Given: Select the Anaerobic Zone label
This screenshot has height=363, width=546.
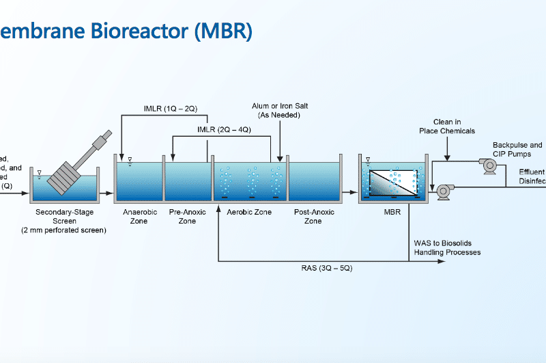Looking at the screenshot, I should click(140, 217).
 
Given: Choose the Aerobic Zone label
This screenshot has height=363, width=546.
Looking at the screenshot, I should click(249, 213).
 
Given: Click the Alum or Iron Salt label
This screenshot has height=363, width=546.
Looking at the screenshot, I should click(280, 111).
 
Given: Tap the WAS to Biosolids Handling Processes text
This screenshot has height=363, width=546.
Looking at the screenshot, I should click(447, 247).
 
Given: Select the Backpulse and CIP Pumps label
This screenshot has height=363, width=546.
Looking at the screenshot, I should click(517, 149).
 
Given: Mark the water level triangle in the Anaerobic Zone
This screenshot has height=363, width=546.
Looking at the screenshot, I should click(130, 161).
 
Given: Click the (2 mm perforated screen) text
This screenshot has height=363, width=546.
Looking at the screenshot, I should click(64, 230).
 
